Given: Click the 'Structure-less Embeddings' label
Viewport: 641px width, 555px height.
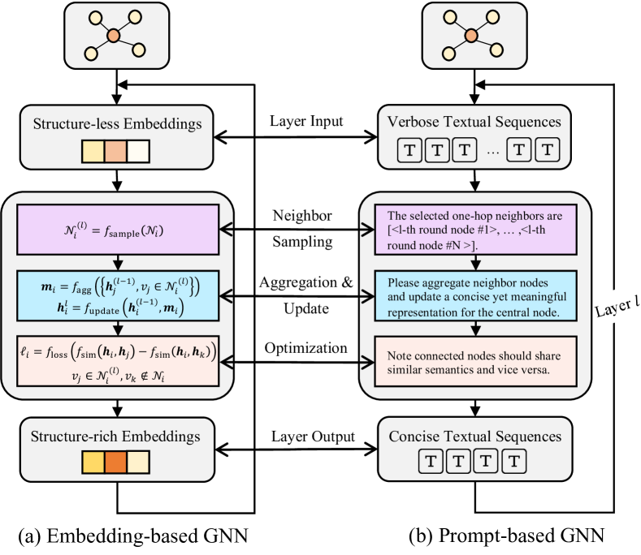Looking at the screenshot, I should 119,124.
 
